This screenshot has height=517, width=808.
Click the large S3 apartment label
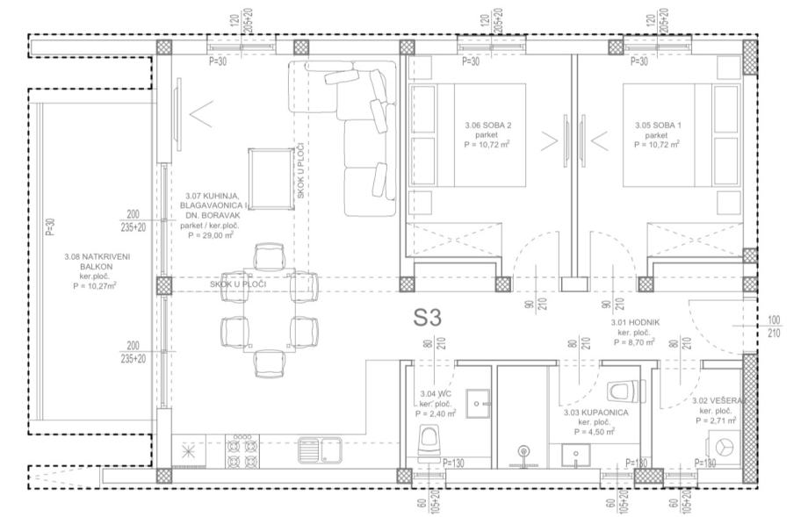click(x=427, y=318)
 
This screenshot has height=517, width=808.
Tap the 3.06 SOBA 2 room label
click(x=487, y=126)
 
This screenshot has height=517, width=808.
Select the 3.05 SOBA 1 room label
click(x=657, y=126)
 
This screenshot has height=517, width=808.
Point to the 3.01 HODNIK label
click(x=635, y=322)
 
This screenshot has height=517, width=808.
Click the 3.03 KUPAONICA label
click(x=595, y=413)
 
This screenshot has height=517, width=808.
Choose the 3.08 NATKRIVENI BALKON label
click(x=90, y=261)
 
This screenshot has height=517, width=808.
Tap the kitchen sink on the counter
click(x=320, y=450)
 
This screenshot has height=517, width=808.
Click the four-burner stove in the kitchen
click(x=242, y=450)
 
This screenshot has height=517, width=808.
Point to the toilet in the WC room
click(x=429, y=442)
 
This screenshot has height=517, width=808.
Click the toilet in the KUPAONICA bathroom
click(x=625, y=391)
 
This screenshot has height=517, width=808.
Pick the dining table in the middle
click(x=270, y=310)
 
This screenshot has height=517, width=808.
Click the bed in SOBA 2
click(x=467, y=135)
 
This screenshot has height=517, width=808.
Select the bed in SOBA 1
click(x=682, y=135)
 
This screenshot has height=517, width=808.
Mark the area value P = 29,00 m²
click(x=211, y=235)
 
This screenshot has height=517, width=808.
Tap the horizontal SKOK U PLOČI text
click(x=238, y=284)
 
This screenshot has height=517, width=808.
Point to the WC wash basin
click(x=478, y=403)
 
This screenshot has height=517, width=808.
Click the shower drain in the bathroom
click(x=524, y=453)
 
